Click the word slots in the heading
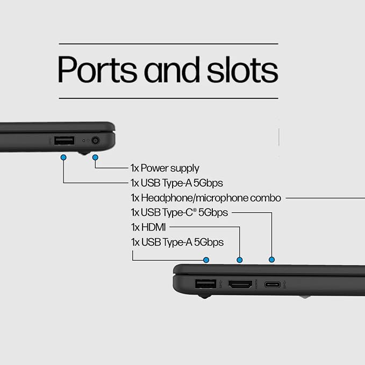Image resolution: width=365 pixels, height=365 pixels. pyautogui.click(x=242, y=69)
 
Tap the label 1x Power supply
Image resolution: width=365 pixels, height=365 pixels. pyautogui.click(x=165, y=168)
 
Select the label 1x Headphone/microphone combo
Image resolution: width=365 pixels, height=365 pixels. pyautogui.click(x=206, y=198)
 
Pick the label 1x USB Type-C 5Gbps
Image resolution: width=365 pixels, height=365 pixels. pyautogui.click(x=179, y=212)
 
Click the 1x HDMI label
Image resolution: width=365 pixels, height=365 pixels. pyautogui.click(x=148, y=227)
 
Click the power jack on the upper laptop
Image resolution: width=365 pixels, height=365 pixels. pyautogui.click(x=96, y=141)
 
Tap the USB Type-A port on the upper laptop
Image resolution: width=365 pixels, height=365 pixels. pyautogui.click(x=65, y=141)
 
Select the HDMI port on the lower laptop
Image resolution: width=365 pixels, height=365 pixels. pyautogui.click(x=240, y=284)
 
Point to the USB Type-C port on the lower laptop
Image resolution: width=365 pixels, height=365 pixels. pyautogui.click(x=273, y=284)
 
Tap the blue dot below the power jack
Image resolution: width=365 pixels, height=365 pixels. pyautogui.click(x=95, y=158)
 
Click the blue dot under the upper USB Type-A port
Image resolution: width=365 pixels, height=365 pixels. pyautogui.click(x=63, y=158)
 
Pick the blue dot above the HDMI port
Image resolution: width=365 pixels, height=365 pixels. pyautogui.click(x=240, y=260)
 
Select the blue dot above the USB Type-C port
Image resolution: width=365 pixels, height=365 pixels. pyautogui.click(x=271, y=260)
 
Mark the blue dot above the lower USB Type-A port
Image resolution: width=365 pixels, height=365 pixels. pyautogui.click(x=206, y=260)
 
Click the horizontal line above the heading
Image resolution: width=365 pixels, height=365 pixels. pyautogui.click(x=169, y=44)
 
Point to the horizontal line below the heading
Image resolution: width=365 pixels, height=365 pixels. pyautogui.click(x=169, y=98)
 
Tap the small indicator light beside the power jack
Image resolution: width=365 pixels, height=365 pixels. pyautogui.click(x=84, y=141)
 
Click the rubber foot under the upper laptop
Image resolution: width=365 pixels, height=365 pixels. pyautogui.click(x=84, y=153)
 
